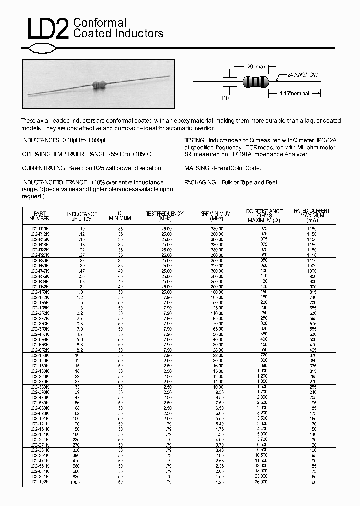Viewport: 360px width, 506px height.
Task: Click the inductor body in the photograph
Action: (99, 85)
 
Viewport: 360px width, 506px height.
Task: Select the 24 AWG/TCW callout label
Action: (302, 75)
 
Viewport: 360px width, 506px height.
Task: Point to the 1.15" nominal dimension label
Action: (294, 93)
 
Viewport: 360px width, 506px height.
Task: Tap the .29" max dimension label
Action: (256, 66)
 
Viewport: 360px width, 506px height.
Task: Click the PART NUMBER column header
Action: (40, 216)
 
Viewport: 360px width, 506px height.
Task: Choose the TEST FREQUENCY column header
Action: (165, 216)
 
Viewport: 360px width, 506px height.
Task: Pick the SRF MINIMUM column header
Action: (216, 216)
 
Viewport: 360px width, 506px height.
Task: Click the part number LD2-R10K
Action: (40, 228)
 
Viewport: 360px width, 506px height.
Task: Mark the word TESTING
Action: (194, 140)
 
